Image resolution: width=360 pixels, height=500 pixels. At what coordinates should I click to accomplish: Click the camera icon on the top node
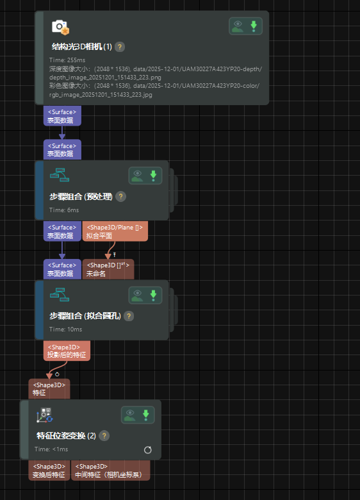60,27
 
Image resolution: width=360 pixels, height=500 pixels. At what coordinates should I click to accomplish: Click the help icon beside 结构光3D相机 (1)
120,47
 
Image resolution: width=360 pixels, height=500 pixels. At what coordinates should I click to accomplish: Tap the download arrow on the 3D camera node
254,26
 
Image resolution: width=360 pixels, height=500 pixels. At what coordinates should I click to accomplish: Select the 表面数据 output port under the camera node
62,116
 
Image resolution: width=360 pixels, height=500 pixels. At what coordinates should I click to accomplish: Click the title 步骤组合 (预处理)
81,197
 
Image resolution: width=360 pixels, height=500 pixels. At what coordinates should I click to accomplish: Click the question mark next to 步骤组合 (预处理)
120,197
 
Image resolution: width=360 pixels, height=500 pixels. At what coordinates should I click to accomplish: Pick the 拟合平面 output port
115,231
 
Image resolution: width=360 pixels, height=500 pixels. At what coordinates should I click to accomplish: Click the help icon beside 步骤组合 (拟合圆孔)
129,316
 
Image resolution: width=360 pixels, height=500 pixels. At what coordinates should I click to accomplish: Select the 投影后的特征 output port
67,350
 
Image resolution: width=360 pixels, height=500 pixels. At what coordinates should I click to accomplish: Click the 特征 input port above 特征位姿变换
49,389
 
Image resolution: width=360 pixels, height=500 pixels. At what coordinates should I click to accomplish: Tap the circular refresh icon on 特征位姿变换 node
148,449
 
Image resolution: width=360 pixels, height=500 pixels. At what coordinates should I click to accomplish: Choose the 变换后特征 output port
49,471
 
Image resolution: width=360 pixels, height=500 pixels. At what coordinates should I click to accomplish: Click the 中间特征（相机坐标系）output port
110,471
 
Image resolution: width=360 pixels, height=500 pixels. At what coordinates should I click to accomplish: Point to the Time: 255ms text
63,60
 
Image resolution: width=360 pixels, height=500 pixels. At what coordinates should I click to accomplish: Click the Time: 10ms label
65,329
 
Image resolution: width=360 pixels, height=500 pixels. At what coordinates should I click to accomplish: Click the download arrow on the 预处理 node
153,176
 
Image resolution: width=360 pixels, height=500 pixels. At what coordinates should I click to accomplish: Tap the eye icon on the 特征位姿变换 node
130,415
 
